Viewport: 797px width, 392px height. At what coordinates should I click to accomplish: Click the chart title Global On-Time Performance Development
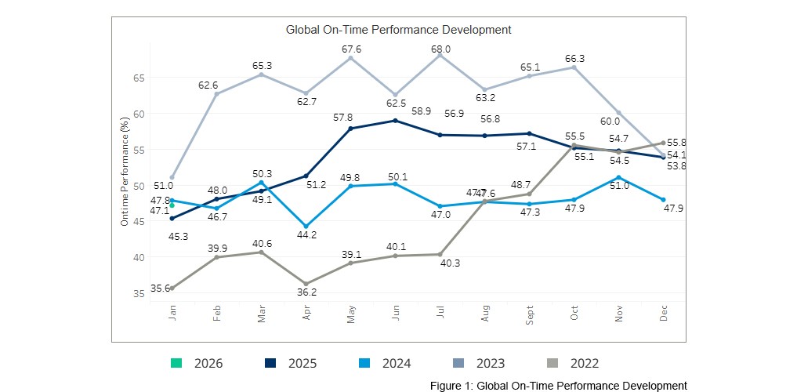(398, 30)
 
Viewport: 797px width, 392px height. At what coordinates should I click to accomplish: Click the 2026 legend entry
(197, 363)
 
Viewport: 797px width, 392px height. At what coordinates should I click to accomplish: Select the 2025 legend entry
(290, 363)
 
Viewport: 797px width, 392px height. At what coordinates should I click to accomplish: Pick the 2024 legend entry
(384, 363)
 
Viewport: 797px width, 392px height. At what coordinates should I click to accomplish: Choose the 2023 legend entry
(478, 363)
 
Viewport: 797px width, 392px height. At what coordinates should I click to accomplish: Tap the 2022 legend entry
(572, 363)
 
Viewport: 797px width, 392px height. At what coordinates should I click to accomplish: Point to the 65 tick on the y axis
(139, 78)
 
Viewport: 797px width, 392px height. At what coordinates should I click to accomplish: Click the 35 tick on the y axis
(139, 293)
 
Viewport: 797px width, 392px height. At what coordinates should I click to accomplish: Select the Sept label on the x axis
(531, 314)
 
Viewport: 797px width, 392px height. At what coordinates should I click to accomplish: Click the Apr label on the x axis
(306, 314)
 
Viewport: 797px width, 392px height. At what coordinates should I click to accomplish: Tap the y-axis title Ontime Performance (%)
(125, 171)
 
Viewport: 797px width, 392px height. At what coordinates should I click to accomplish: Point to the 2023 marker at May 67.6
(350, 58)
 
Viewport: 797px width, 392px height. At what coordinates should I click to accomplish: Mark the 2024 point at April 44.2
(306, 226)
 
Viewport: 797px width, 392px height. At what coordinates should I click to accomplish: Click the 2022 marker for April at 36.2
(306, 284)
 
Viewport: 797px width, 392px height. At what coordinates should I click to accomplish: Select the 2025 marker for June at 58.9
(395, 121)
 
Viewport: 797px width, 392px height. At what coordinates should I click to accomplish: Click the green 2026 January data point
(172, 205)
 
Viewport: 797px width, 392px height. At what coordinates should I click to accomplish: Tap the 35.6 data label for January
(161, 289)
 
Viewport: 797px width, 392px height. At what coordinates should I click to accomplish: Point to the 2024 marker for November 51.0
(619, 178)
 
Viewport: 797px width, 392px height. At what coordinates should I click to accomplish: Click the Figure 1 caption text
(558, 386)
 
